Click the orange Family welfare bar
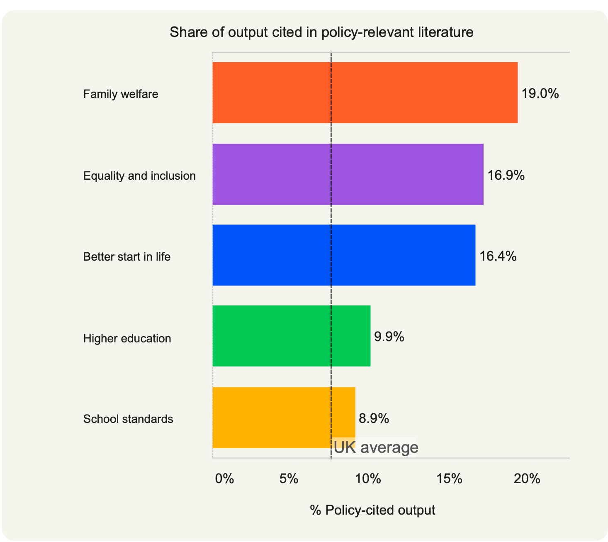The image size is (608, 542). tap(365, 93)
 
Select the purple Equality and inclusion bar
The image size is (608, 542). tap(348, 174)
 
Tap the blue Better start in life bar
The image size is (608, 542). tap(344, 255)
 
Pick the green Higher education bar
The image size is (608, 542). tap(291, 336)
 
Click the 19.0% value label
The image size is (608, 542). tap(540, 94)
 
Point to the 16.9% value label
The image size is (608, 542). tap(506, 176)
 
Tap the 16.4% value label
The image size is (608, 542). tap(498, 256)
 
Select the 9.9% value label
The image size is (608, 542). tap(389, 337)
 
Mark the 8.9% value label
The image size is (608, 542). tap(374, 418)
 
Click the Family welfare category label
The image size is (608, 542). tap(121, 94)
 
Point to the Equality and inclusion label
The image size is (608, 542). tap(139, 176)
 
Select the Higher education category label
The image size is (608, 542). tap(127, 339)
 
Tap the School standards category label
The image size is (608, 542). tap(128, 419)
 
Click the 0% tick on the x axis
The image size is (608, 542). tap(224, 479)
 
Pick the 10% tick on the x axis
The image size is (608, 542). tap(368, 479)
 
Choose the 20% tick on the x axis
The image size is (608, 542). tap(527, 479)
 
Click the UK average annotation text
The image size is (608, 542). tap(376, 447)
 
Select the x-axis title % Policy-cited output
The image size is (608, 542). tap(372, 510)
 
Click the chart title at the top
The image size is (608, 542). tap(321, 32)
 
